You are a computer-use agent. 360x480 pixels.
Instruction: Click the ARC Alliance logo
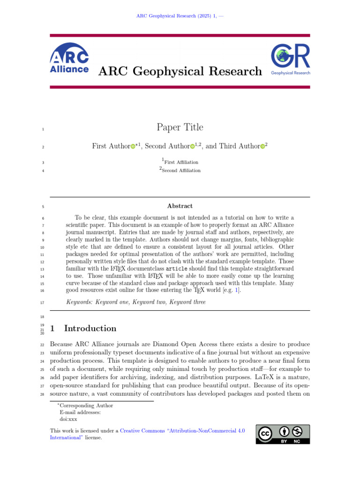[69, 59]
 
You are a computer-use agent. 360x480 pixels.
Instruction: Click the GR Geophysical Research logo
[290, 60]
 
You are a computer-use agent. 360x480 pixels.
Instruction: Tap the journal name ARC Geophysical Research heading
[180, 71]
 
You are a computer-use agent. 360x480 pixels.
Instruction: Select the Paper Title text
[180, 127]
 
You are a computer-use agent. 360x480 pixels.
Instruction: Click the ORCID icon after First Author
[133, 147]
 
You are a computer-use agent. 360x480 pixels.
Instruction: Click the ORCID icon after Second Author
[192, 147]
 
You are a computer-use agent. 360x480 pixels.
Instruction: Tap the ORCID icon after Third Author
[262, 147]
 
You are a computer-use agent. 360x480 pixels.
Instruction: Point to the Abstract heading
[180, 206]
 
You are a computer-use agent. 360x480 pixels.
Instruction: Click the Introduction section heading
[90, 328]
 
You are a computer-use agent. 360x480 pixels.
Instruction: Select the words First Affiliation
[181, 162]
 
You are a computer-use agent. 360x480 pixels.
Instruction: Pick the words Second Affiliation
[182, 171]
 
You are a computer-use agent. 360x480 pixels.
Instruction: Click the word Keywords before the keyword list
[79, 302]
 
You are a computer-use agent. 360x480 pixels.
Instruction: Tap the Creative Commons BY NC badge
[283, 434]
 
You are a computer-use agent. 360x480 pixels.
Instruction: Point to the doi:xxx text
[68, 419]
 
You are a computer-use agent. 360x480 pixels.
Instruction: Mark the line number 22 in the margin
[42, 345]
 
